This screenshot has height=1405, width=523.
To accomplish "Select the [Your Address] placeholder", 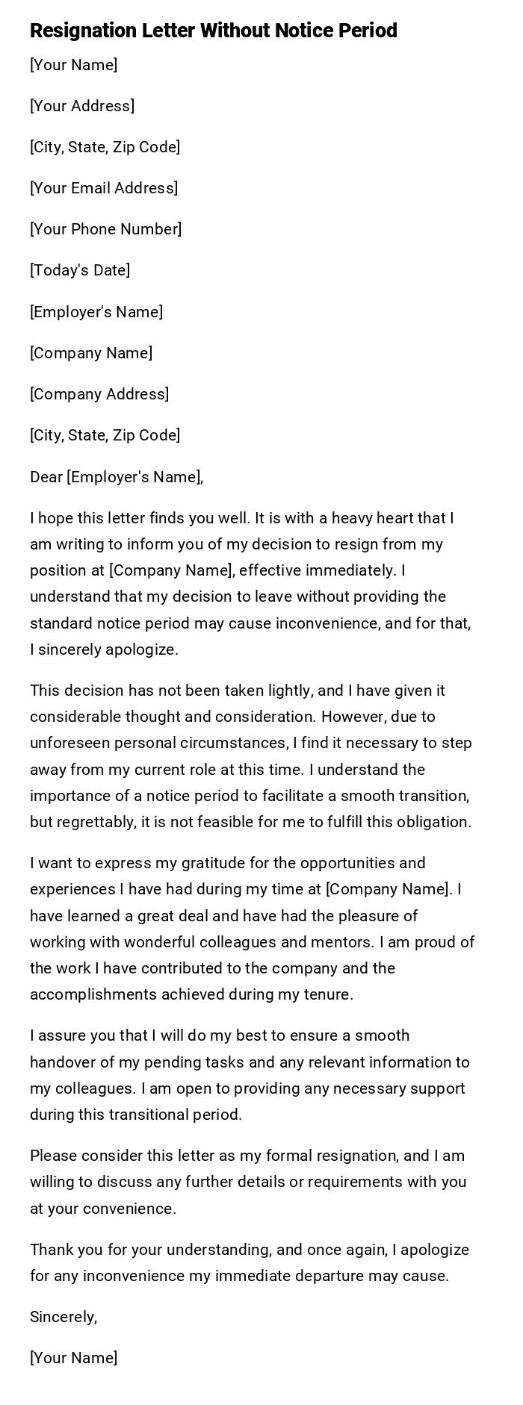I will pos(82,106).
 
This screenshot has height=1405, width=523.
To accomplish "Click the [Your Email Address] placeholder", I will pos(104,188).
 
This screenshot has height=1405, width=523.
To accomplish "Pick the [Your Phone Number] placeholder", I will pos(105,229).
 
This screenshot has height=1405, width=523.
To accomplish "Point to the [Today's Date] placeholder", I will pos(80,270).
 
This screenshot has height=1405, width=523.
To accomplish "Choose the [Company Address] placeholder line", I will pos(99,394).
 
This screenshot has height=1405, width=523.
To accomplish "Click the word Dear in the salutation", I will pos(46,477).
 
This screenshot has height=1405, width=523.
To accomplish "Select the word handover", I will pos(62,1062).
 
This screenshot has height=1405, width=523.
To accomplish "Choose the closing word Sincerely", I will pos(64,1317).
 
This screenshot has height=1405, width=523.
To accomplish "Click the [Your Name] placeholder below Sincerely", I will pos(73,1358).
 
